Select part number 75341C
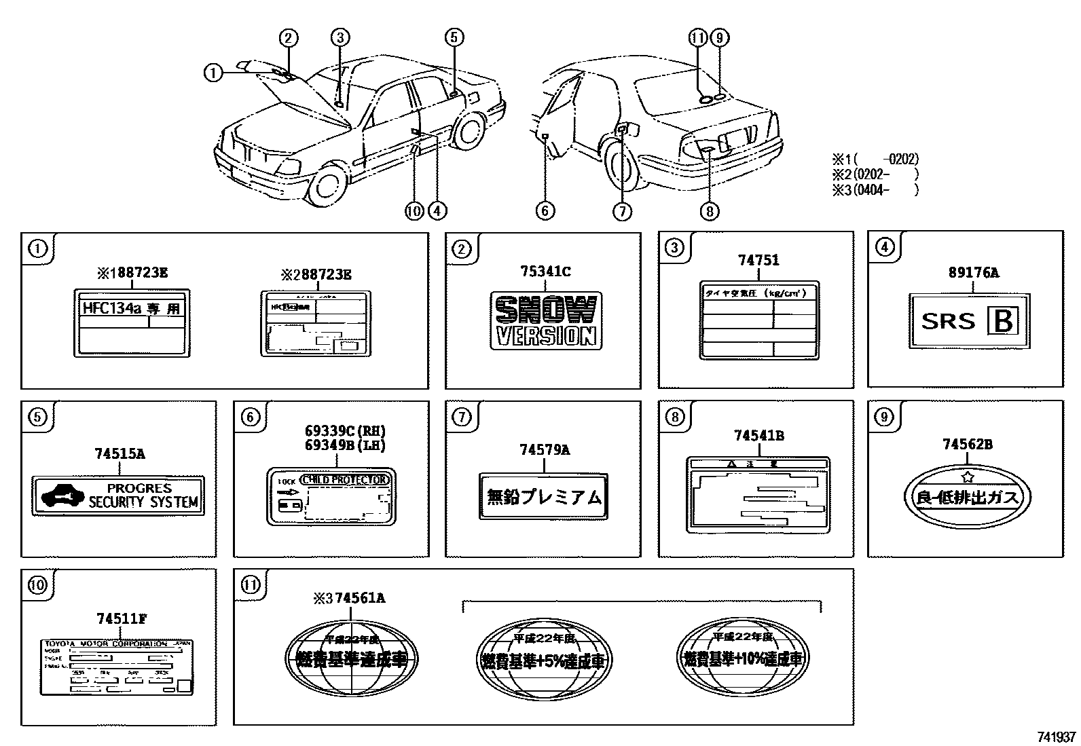pos(545,272)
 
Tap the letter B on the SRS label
pos(1004,321)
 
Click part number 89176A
pos(974,273)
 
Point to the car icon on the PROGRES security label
pos(58,496)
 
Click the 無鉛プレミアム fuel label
pos(544,497)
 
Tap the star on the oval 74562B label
pos(968,477)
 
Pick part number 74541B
pos(758,435)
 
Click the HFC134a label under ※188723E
pos(132,322)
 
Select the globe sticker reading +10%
pos(744,658)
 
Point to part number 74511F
pos(122,618)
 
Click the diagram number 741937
pos(1056,737)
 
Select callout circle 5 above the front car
pos(454,37)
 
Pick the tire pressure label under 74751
pos(758,320)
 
